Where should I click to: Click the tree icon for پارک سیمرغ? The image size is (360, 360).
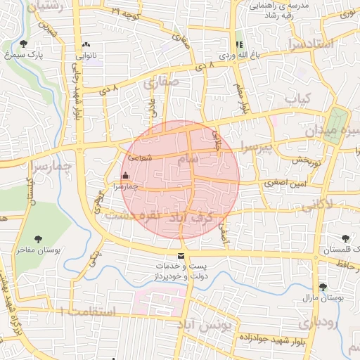tap(24, 44)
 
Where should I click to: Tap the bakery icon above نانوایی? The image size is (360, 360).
tap(86, 44)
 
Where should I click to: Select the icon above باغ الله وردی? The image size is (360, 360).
tap(239, 44)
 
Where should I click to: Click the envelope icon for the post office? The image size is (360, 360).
tap(181, 256)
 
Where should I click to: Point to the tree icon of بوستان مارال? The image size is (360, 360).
tap(322, 287)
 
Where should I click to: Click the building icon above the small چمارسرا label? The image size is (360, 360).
tap(125, 176)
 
